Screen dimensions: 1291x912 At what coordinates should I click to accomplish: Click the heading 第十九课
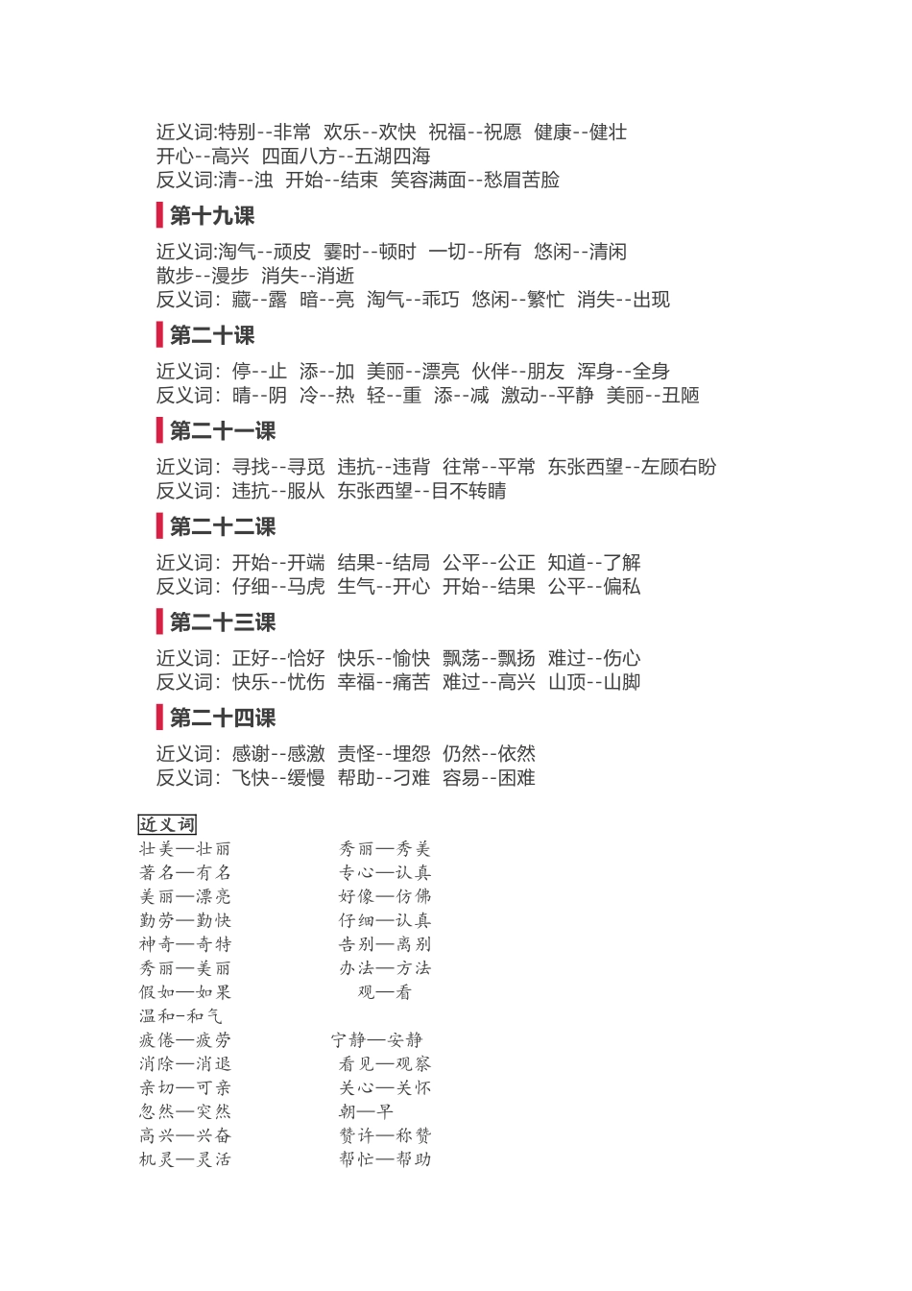pos(211,216)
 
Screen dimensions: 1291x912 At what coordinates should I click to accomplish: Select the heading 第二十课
pos(211,335)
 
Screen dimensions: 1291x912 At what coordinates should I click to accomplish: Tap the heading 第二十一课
pos(222,431)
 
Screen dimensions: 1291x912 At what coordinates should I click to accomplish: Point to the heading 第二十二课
pos(222,526)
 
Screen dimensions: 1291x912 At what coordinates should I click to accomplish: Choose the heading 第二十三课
pos(222,622)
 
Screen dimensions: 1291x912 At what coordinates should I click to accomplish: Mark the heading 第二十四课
pos(222,718)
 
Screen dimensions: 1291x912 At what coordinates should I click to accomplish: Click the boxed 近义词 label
pos(167,824)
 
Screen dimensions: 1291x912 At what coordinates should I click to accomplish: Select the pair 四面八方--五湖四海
pos(346,156)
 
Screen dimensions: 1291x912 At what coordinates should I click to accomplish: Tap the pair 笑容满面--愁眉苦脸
pos(474,180)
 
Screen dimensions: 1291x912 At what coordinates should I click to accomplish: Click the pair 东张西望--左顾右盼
pos(632,467)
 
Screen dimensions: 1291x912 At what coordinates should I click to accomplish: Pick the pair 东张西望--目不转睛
pos(421,491)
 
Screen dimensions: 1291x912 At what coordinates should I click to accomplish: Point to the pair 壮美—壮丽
pos(185,849)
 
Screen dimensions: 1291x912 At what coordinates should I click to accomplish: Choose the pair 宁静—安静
pos(377,1039)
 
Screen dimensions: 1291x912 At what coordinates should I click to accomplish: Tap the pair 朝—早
pos(366,1111)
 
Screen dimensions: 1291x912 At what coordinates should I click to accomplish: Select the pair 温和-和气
pos(180,1015)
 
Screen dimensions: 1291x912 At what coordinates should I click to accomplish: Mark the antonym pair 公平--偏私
pos(593,586)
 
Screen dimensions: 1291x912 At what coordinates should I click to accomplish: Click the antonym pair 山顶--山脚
pos(593,682)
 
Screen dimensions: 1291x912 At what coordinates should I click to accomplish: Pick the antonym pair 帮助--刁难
pos(383,777)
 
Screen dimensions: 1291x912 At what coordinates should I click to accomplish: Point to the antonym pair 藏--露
pos(259,300)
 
